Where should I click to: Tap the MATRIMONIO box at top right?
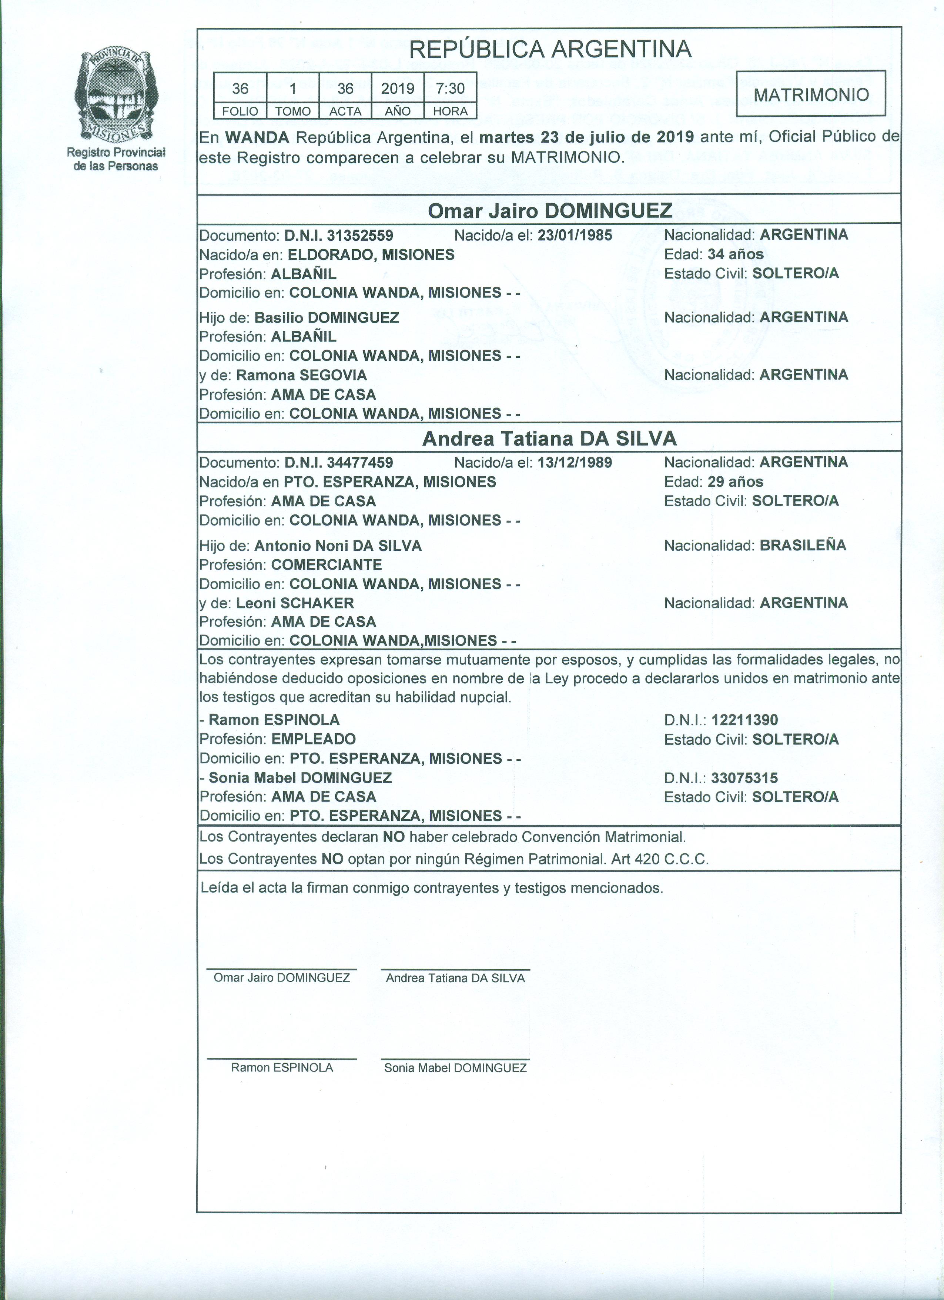point(810,94)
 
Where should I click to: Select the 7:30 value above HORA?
point(450,88)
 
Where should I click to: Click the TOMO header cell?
point(293,111)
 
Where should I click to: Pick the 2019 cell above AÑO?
point(398,88)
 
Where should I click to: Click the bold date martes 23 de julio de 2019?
point(586,137)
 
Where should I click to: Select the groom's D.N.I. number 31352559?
point(360,235)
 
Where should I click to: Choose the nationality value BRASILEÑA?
point(803,545)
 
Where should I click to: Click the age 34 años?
point(736,254)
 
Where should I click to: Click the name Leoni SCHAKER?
point(295,603)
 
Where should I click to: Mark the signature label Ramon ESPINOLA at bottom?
point(282,1067)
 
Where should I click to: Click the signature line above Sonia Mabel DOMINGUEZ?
point(455,1059)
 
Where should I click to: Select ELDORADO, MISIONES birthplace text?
point(371,254)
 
